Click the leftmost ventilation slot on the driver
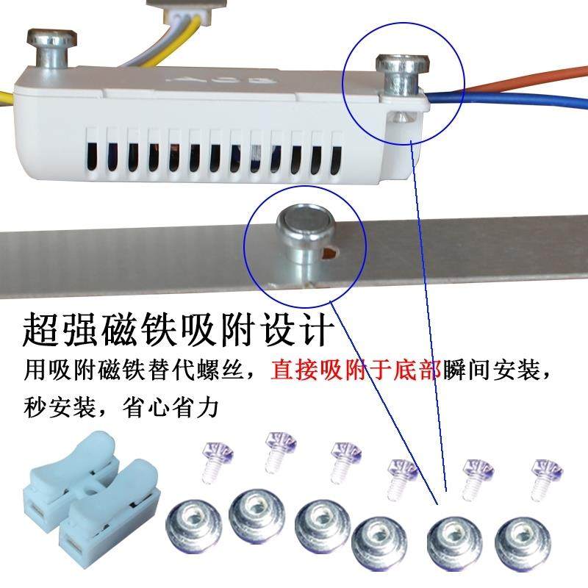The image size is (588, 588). [93, 154]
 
